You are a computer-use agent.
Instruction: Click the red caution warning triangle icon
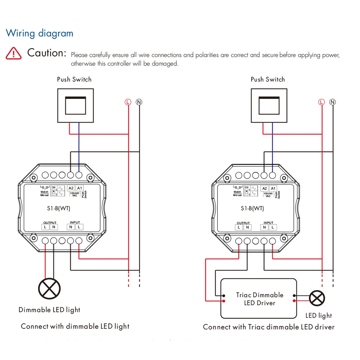[x=14, y=53]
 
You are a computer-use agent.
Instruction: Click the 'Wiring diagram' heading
[x=40, y=33]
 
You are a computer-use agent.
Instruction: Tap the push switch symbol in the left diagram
[x=76, y=105]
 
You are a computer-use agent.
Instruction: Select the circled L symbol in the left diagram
[x=128, y=102]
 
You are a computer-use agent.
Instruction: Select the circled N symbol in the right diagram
[x=333, y=102]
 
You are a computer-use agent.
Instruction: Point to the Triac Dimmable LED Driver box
[x=258, y=298]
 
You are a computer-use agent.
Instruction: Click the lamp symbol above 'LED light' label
[x=317, y=298]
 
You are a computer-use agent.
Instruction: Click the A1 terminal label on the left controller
[x=80, y=188]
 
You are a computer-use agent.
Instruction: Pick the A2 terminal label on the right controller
[x=265, y=189]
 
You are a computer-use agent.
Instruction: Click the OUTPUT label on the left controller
[x=50, y=222]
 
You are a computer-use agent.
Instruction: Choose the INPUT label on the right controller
[x=269, y=222]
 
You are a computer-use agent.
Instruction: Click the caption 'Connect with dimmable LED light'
[x=75, y=327]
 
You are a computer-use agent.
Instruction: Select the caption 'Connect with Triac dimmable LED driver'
[x=269, y=327]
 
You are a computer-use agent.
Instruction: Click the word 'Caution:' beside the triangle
[x=47, y=53]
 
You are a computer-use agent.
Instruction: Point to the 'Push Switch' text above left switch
[x=74, y=80]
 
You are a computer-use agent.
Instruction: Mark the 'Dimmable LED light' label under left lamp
[x=49, y=310]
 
